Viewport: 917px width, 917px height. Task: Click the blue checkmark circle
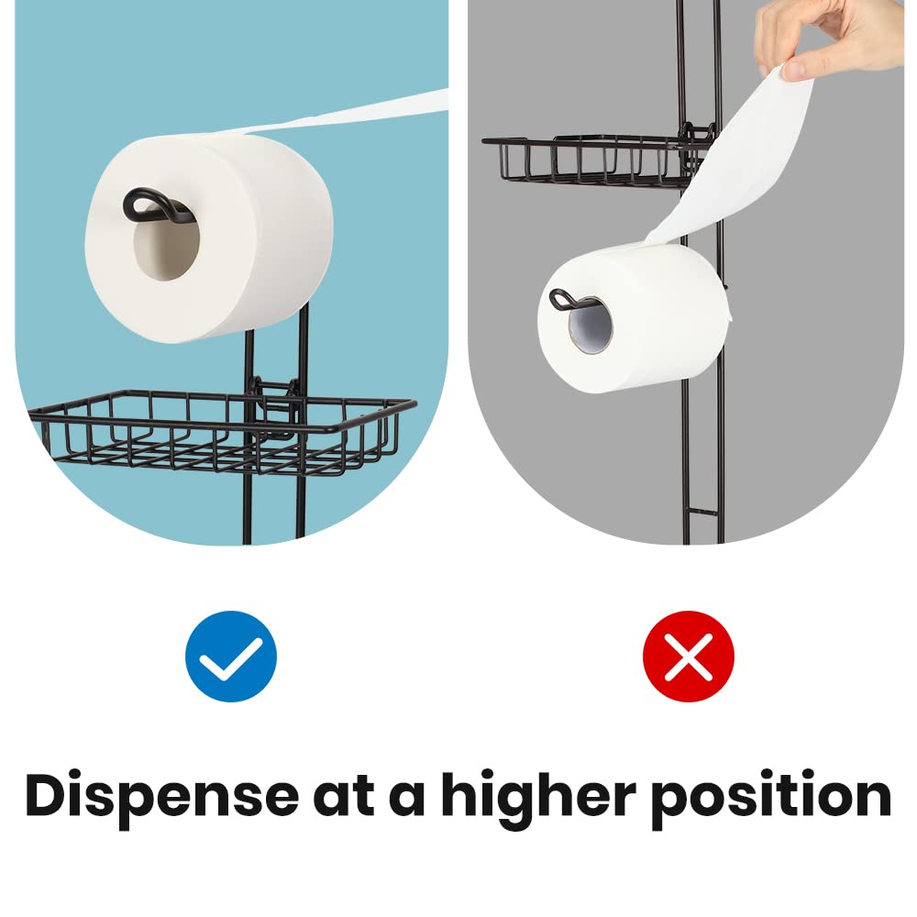click(230, 656)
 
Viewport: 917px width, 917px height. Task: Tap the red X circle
click(688, 656)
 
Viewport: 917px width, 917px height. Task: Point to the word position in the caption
click(771, 795)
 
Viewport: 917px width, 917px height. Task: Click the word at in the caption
click(342, 795)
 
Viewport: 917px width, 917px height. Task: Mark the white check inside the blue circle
click(230, 657)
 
